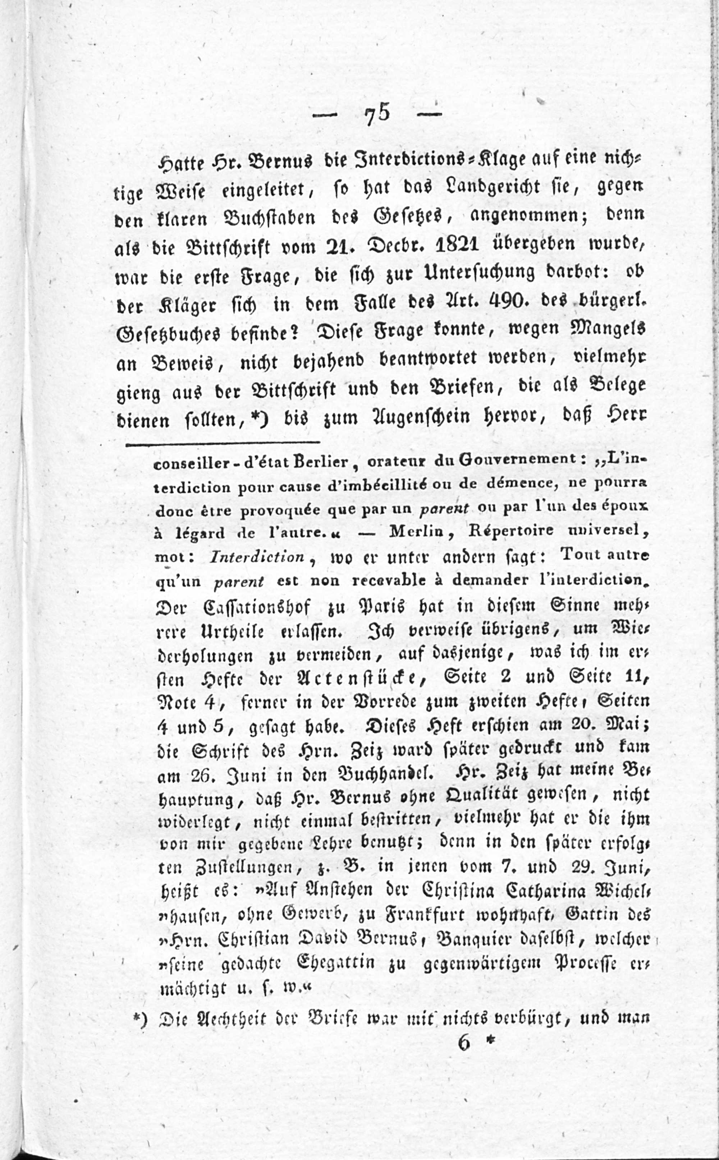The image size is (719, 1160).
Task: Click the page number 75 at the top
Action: pos(377,114)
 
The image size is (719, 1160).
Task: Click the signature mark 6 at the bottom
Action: pos(464,1043)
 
